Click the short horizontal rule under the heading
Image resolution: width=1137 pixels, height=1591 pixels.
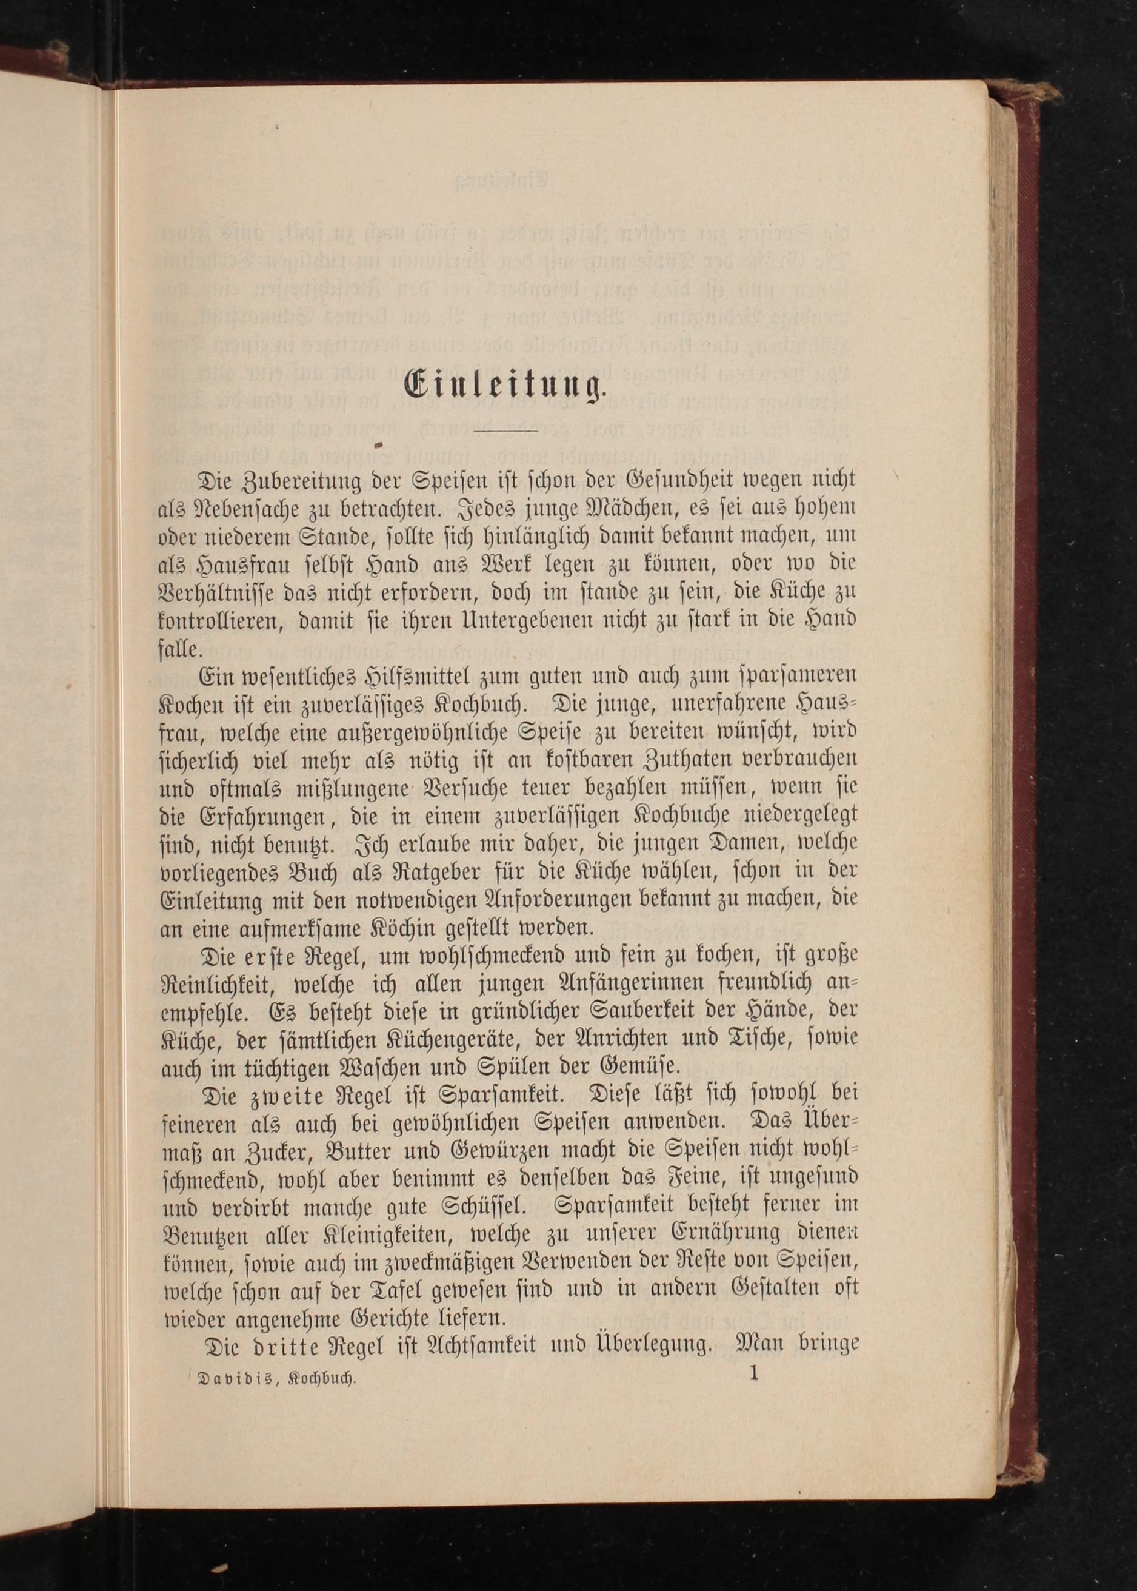click(x=505, y=430)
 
